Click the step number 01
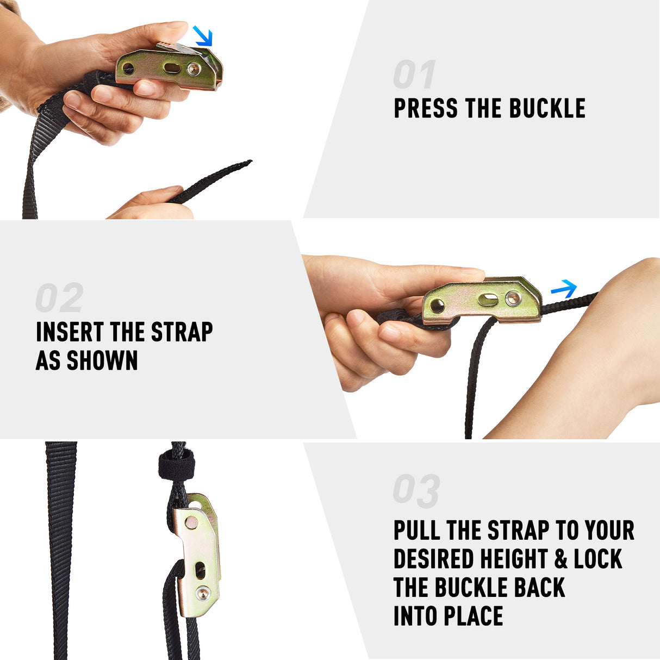coord(414,74)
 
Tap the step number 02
coord(59,297)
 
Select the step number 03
coord(416,491)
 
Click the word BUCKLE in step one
coord(547,108)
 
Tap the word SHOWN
coord(102,360)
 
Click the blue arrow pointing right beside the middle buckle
coord(564,289)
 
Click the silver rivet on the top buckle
coord(192,70)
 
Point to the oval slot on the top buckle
coord(172,67)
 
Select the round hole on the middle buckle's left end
coord(437,306)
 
